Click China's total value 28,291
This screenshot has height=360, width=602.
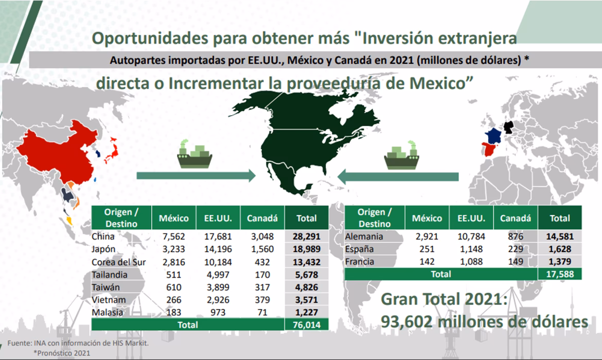(x=306, y=237)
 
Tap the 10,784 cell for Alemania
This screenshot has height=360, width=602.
(x=469, y=237)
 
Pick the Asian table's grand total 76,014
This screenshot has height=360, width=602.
(x=306, y=325)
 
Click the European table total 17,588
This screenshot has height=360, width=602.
(x=559, y=274)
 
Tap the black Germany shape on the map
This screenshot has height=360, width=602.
(x=510, y=128)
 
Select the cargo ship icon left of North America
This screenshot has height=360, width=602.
(x=195, y=154)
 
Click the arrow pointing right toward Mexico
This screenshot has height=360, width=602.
(x=196, y=176)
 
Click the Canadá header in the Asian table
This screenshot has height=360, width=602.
(x=262, y=218)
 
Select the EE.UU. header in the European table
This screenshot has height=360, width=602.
(x=469, y=218)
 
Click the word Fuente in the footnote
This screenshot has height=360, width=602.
(x=20, y=343)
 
